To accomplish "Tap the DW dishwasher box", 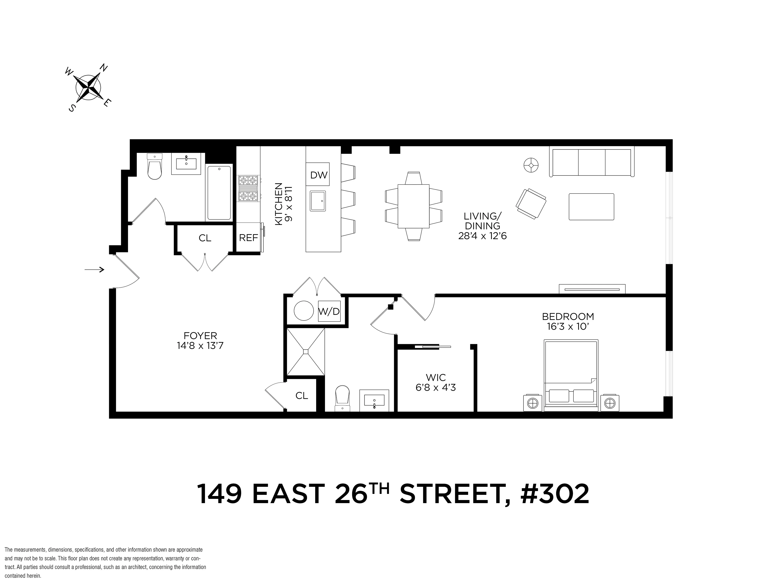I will coord(319,175).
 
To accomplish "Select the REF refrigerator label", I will coord(248,238).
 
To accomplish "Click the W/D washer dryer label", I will coord(329,312).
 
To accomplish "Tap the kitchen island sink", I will coord(318,201).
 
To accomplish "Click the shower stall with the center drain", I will coord(306,351).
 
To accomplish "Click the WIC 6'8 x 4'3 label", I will coord(436,382).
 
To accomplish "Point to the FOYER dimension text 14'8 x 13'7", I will coord(200,346).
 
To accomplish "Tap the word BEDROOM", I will coord(568,316).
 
